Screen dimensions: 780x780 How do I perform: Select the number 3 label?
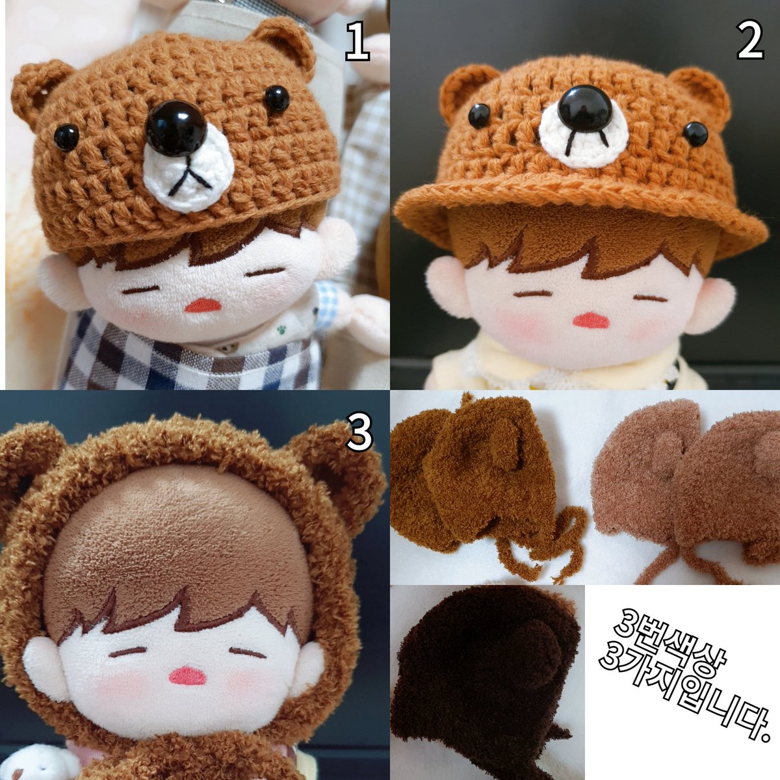pos(358,434)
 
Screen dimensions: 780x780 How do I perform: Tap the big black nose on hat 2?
pos(586,108)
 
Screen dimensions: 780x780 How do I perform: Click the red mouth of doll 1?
pos(202,305)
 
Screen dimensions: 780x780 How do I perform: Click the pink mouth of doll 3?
pos(187,676)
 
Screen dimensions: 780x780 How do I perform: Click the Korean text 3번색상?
pos(656,640)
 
